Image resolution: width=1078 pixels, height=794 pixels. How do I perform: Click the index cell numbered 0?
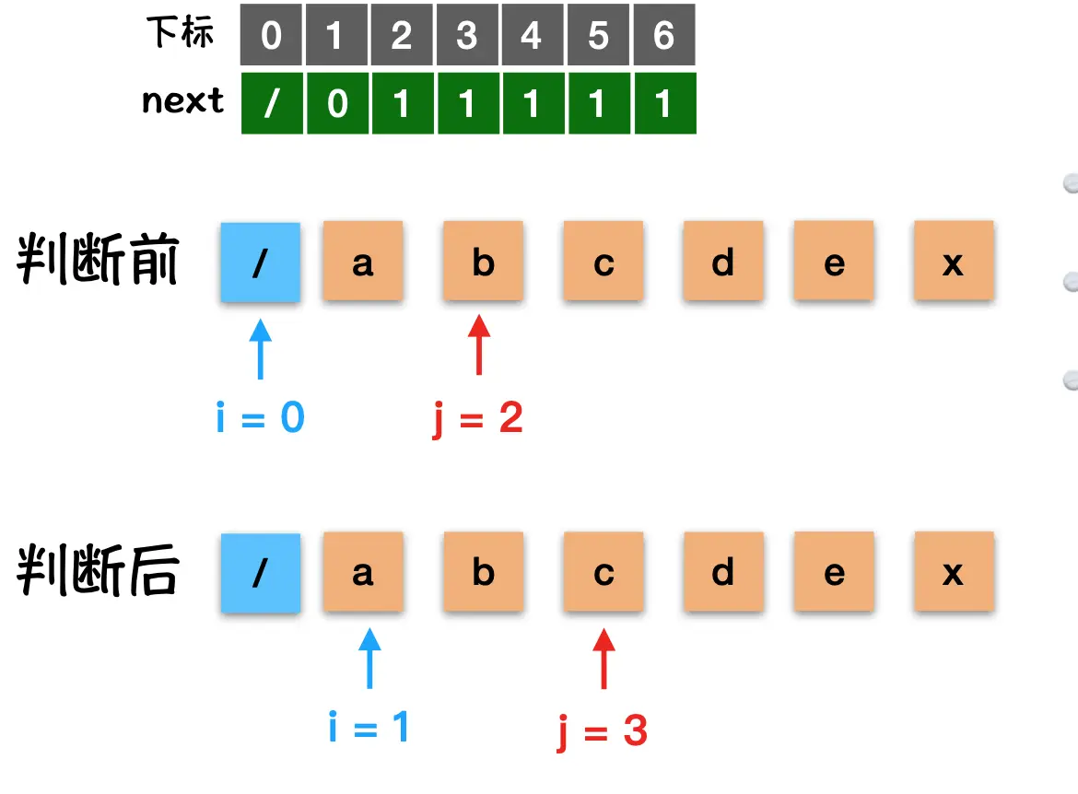coord(271,36)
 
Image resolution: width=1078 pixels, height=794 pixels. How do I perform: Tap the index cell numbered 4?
coord(532,36)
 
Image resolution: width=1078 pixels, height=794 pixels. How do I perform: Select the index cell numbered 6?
coord(663,36)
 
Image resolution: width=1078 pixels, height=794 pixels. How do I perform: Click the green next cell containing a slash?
coord(272,104)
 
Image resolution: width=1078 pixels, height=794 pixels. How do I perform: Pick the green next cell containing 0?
coord(337,104)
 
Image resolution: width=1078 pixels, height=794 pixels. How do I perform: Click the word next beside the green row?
coord(182,100)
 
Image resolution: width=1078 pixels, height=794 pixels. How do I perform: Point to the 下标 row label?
coord(181,33)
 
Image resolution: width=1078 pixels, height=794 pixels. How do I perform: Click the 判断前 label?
coord(98,262)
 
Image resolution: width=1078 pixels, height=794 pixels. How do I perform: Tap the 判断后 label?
coord(98,572)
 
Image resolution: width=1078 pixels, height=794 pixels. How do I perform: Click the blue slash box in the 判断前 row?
coord(261,263)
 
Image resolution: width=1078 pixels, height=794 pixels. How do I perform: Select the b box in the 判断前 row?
coord(483,263)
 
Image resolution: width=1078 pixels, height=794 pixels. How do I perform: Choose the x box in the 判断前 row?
coord(954,263)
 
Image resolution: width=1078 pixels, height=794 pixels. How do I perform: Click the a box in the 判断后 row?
coord(363,572)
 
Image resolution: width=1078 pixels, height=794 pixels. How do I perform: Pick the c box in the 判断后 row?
coord(603,572)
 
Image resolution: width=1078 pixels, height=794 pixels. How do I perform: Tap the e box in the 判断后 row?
coord(834,572)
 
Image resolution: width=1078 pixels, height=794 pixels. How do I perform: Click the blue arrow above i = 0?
coord(261,348)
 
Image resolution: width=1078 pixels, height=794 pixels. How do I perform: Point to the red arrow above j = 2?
coord(478,344)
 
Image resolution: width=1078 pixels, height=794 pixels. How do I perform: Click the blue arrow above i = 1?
coord(369,658)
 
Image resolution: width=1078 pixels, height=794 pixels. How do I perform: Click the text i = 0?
coord(261,419)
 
